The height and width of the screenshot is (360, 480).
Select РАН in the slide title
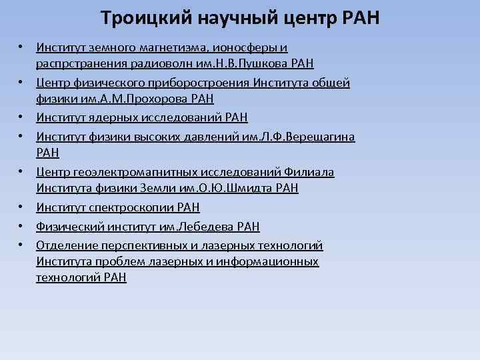(x=359, y=17)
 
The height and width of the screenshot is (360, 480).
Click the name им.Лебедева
(x=196, y=227)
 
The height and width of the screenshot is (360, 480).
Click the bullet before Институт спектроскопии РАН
(x=22, y=207)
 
